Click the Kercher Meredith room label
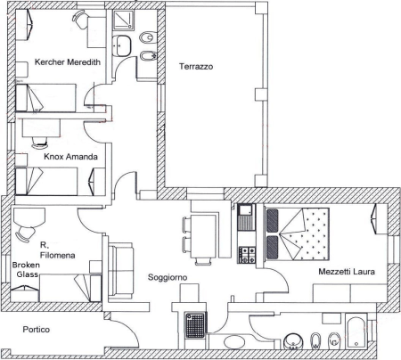[68, 62]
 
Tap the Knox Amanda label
[70, 157]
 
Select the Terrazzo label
[196, 66]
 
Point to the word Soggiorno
[168, 277]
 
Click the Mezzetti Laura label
[347, 272]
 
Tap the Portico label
[37, 330]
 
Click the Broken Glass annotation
[26, 269]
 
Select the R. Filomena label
[57, 250]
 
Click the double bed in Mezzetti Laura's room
[297, 234]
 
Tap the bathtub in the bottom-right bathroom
[356, 332]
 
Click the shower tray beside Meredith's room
[123, 20]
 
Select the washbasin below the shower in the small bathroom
[122, 45]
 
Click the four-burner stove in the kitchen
[247, 255]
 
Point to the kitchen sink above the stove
[246, 217]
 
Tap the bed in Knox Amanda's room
[46, 181]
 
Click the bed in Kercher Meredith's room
[45, 98]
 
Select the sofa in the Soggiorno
[121, 270]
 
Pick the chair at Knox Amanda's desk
[40, 142]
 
